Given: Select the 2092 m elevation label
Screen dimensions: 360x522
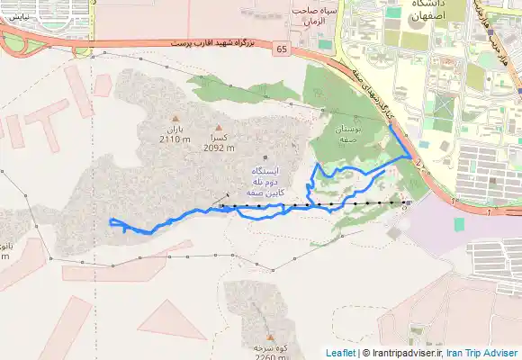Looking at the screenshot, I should coord(218,147).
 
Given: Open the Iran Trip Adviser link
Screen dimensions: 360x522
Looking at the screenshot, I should coord(483,353).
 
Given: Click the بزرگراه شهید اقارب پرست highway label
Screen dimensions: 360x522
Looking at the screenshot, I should coord(217,43).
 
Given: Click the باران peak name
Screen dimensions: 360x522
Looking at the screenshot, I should coord(174,130).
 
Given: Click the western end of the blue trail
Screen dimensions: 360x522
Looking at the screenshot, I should coord(110,221).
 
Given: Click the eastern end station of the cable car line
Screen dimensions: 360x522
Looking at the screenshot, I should coord(407,203).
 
